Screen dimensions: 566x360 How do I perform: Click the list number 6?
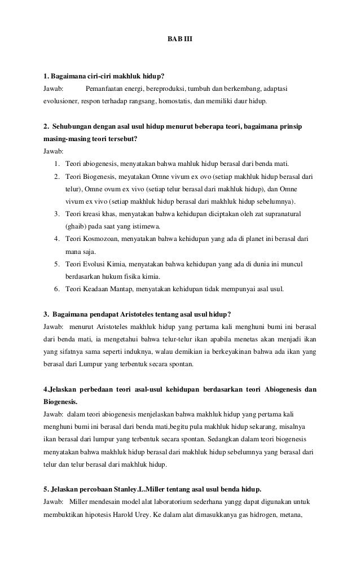click(57, 289)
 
